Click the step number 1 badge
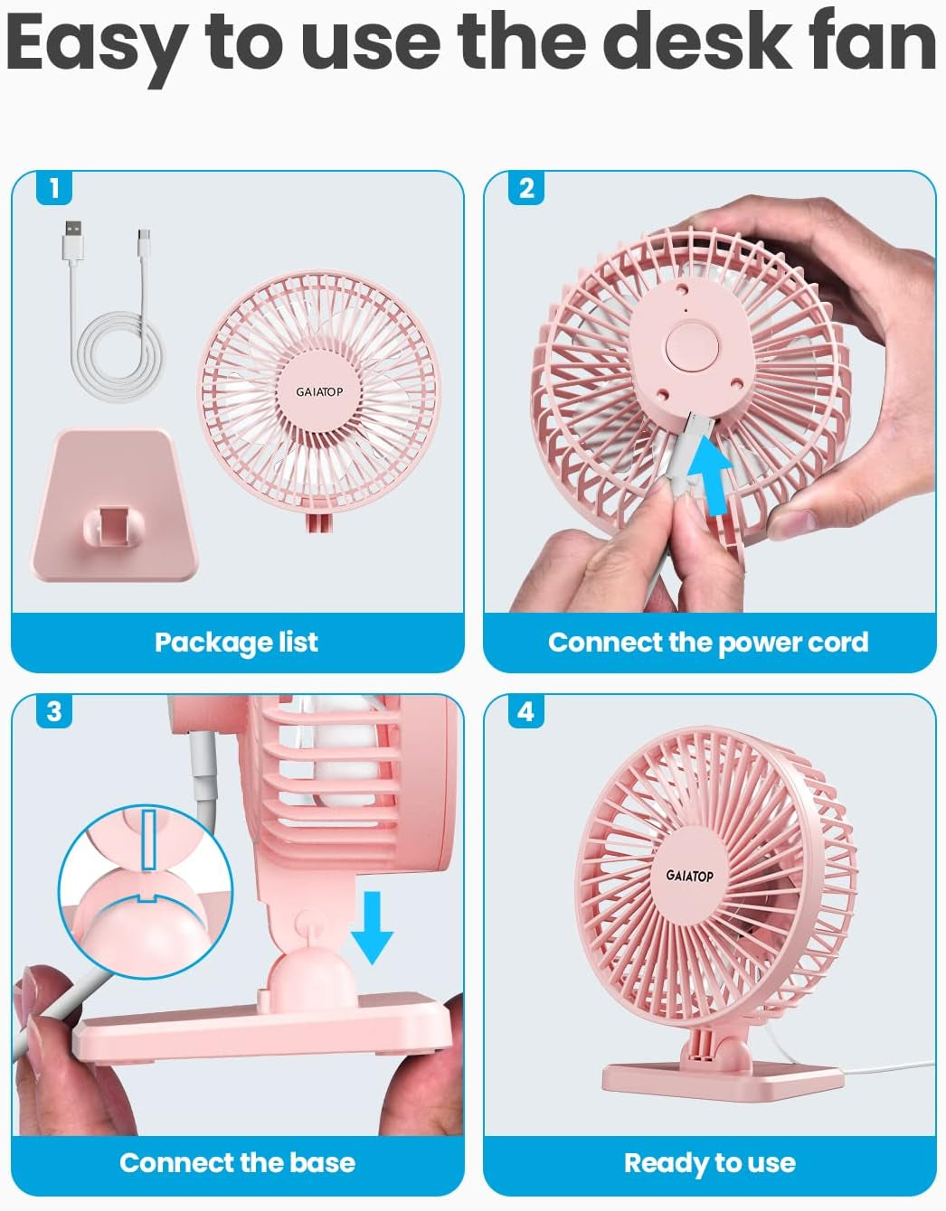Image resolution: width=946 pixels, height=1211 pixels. click(54, 188)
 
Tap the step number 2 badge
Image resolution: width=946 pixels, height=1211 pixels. click(526, 188)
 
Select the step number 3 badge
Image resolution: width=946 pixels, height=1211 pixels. click(54, 711)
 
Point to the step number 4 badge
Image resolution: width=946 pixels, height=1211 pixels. click(526, 711)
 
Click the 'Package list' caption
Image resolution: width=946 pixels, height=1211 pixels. click(236, 642)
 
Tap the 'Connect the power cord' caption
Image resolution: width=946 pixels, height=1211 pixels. click(708, 642)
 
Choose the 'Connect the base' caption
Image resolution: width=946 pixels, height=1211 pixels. click(237, 1162)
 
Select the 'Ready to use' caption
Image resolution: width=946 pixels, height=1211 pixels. click(709, 1162)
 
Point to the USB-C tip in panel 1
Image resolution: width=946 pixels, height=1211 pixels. click(144, 239)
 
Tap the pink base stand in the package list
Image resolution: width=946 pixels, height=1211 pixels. click(114, 506)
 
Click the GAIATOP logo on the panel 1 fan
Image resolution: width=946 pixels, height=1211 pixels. click(319, 392)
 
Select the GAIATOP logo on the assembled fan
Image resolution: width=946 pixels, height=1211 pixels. click(690, 875)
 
